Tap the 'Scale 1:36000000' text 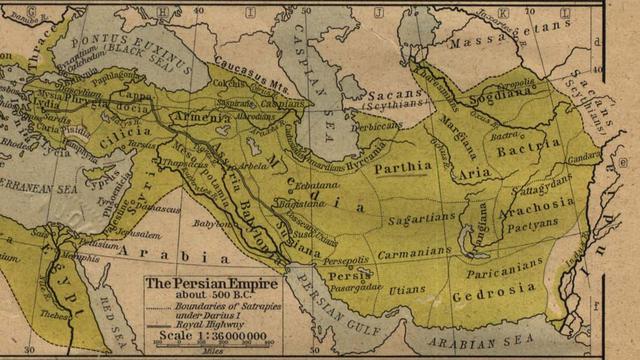click(209, 337)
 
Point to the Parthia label click(403, 168)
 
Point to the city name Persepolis click(346, 260)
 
